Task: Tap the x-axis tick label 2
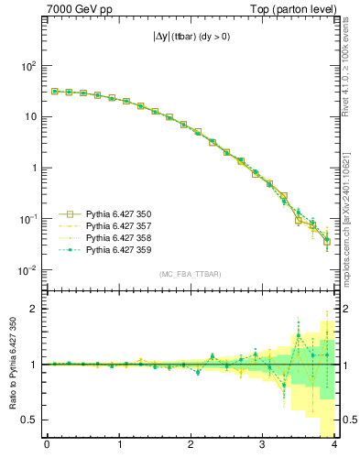click(x=191, y=446)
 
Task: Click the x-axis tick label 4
click(x=334, y=446)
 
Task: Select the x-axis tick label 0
click(x=47, y=446)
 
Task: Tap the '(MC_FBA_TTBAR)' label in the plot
click(x=190, y=275)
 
